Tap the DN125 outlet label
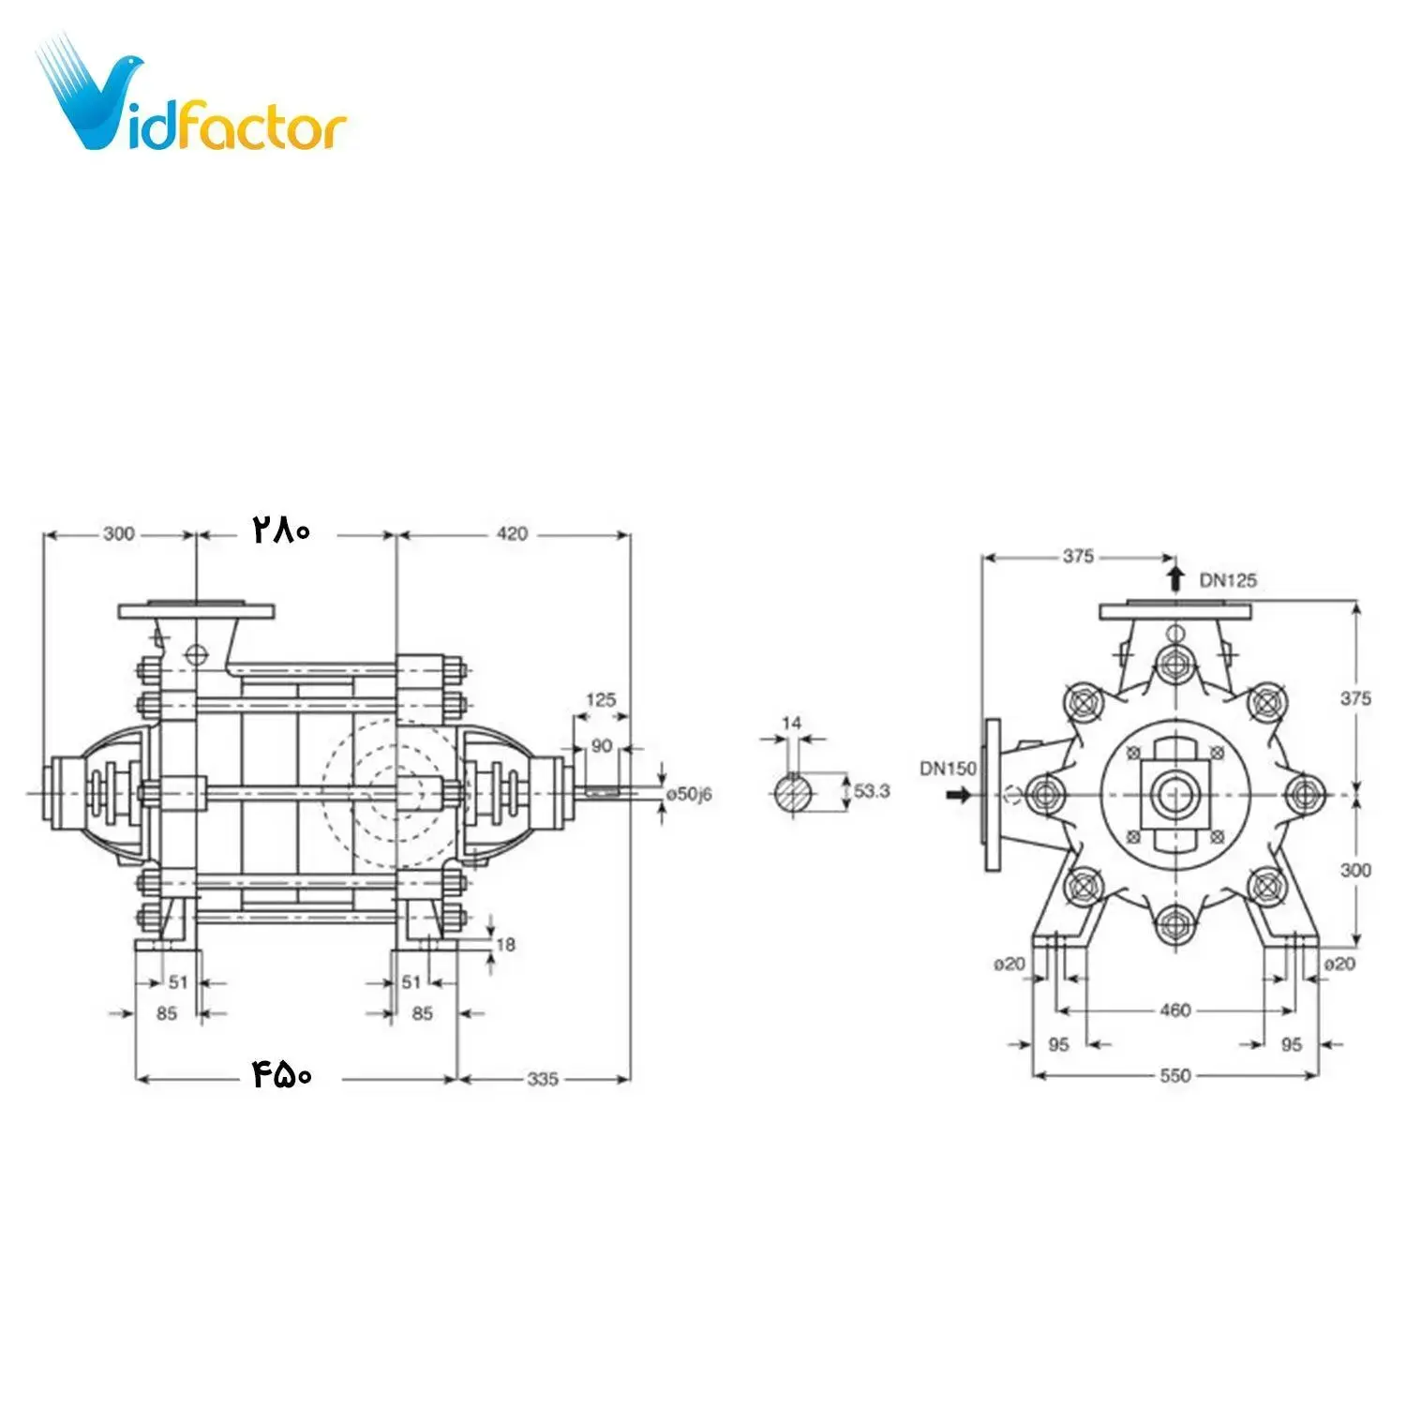1227,580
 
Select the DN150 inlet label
948,769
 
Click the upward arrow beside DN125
1175,576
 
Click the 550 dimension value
1174,1075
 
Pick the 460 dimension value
1174,1010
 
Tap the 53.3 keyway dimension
871,791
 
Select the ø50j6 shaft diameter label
689,794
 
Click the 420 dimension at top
512,533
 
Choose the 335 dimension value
543,1079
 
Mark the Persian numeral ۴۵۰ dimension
282,1075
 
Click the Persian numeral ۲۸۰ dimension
280,531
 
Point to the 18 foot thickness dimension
505,944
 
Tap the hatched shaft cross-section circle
794,793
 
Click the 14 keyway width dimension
791,723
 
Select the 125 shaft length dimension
601,699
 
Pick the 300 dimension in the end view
1354,870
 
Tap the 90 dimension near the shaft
601,746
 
